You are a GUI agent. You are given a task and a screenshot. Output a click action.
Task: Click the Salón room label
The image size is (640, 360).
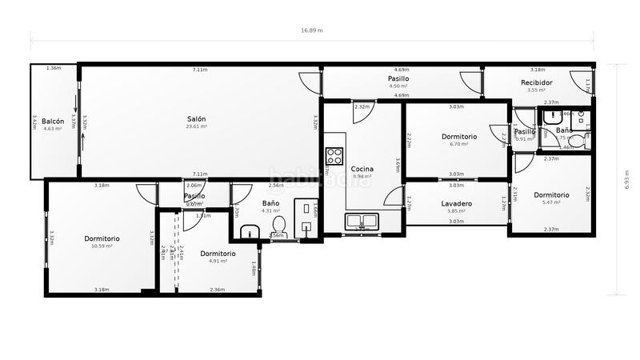pos(197,119)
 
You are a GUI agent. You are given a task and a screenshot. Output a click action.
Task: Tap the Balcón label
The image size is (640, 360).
pos(53,121)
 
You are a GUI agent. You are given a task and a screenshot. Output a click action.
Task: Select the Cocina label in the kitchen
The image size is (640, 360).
pos(362,169)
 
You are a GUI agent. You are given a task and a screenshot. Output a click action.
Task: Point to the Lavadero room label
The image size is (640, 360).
pos(456,203)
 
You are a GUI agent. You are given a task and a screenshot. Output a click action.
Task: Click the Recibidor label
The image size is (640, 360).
pos(536,82)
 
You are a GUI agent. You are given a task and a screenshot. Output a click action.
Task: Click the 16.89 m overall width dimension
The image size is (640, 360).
pos(312,30)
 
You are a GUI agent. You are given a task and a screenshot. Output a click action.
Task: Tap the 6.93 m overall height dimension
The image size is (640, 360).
pos(628,178)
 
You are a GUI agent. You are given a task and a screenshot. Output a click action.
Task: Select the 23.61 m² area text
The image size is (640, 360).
pos(197,126)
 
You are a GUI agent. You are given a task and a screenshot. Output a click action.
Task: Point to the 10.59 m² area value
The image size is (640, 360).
pos(102,246)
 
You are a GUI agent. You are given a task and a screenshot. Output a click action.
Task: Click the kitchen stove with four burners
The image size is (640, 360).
pos(334,154)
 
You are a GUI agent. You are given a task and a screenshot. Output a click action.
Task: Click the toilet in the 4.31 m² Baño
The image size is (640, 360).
pos(278,224)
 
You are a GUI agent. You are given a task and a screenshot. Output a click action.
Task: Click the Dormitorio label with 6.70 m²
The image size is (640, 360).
pos(459,137)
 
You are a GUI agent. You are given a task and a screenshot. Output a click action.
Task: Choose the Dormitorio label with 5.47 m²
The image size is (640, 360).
pos(551,194)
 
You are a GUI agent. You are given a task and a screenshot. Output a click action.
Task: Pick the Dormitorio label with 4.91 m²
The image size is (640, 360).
pos(218,253)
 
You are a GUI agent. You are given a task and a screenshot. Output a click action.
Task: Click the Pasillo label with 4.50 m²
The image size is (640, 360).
pos(398,79)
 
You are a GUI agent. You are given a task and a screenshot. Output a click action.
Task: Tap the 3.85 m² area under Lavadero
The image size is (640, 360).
pos(456,211)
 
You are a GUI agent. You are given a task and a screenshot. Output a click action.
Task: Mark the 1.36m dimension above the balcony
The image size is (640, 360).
pos(54,69)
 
